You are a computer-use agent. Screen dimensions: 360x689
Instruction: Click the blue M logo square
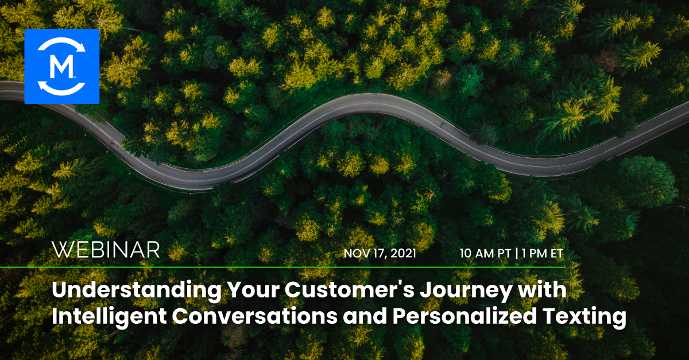[x=62, y=67]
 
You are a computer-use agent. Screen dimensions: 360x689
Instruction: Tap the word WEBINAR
[x=106, y=250]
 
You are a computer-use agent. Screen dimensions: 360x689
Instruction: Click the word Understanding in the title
[x=136, y=291]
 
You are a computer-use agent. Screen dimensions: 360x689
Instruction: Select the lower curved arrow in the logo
[x=62, y=88]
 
